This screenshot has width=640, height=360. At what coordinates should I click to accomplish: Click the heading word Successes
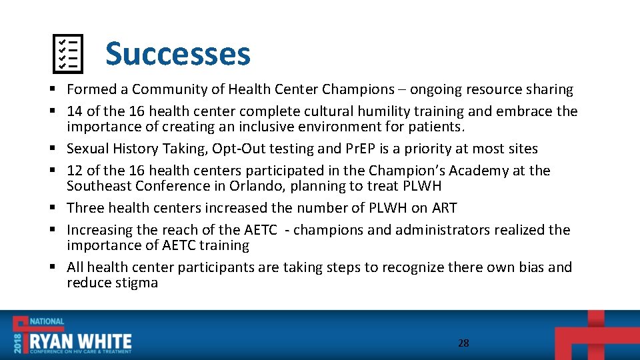point(177,54)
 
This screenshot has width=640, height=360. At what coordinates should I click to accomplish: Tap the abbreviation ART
point(444,208)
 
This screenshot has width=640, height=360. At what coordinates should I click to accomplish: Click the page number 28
point(463,343)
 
